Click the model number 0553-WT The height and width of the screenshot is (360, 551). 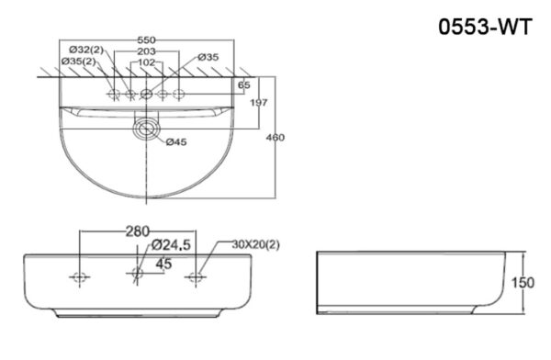coord(485,28)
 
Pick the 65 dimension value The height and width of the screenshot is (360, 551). coord(243,85)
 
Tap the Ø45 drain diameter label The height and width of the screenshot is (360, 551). coord(178,141)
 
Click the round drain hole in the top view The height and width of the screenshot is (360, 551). coord(144,129)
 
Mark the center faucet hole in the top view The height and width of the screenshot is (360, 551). coord(145,94)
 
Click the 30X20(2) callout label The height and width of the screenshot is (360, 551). coord(255,245)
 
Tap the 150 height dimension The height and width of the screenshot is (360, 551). coord(522,283)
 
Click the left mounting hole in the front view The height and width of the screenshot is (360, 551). coord(80,276)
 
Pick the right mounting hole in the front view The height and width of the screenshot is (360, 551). coord(196,276)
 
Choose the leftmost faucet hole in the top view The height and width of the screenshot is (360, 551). coord(113,94)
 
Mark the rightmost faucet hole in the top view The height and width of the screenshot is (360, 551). coord(178,94)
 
